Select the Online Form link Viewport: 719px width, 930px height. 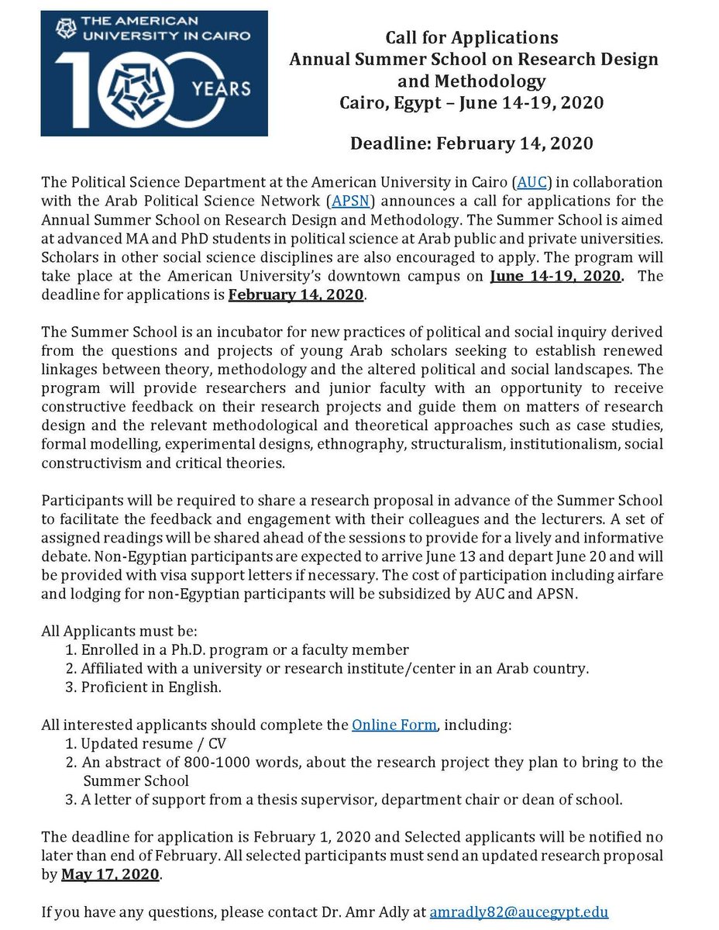coord(394,725)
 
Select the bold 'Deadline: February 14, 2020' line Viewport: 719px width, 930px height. coord(472,144)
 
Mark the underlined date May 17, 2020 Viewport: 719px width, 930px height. coord(111,875)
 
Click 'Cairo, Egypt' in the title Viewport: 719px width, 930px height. coord(383,103)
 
